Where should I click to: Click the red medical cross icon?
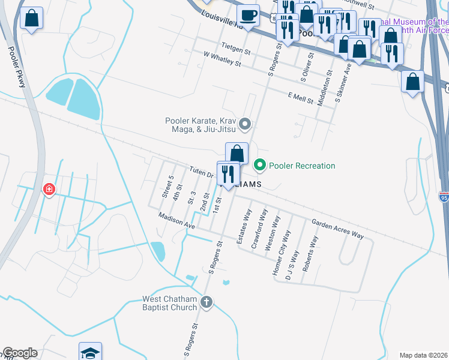pyautogui.click(x=49, y=190)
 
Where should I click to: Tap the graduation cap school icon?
pyautogui.click(x=90, y=352)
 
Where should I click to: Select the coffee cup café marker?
pyautogui.click(x=248, y=15)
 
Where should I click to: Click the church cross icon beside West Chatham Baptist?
pyautogui.click(x=206, y=302)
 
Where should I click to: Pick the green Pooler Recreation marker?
pyautogui.click(x=260, y=165)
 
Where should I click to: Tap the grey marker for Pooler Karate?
pyautogui.click(x=244, y=125)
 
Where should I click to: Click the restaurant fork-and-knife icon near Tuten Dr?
pyautogui.click(x=228, y=173)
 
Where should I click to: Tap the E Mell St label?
pyautogui.click(x=301, y=98)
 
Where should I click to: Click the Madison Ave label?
pyautogui.click(x=177, y=220)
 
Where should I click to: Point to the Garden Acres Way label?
pyautogui.click(x=337, y=229)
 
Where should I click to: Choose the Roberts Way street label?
pyautogui.click(x=310, y=254)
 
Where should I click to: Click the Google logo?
pyautogui.click(x=20, y=353)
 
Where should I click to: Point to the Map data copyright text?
pyautogui.click(x=423, y=355)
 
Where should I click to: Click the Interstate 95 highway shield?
pyautogui.click(x=444, y=197)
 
